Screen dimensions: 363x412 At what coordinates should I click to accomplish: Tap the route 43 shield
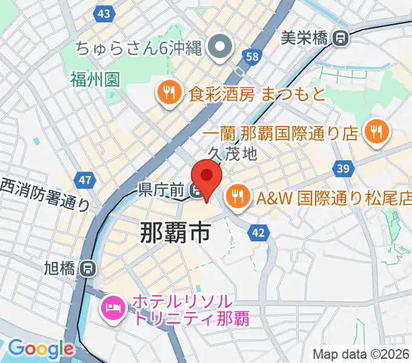point(104,13)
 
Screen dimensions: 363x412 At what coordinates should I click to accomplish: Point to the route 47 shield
point(86,180)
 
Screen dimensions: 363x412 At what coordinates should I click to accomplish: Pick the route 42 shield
point(259,232)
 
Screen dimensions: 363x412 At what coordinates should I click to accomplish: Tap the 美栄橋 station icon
point(341,38)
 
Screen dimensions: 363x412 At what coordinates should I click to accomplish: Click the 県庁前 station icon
point(196,191)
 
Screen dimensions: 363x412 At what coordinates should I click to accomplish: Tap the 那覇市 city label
point(175,232)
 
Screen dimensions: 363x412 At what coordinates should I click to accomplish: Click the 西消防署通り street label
point(44,195)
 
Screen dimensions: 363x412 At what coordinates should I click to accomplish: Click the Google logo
point(41,348)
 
